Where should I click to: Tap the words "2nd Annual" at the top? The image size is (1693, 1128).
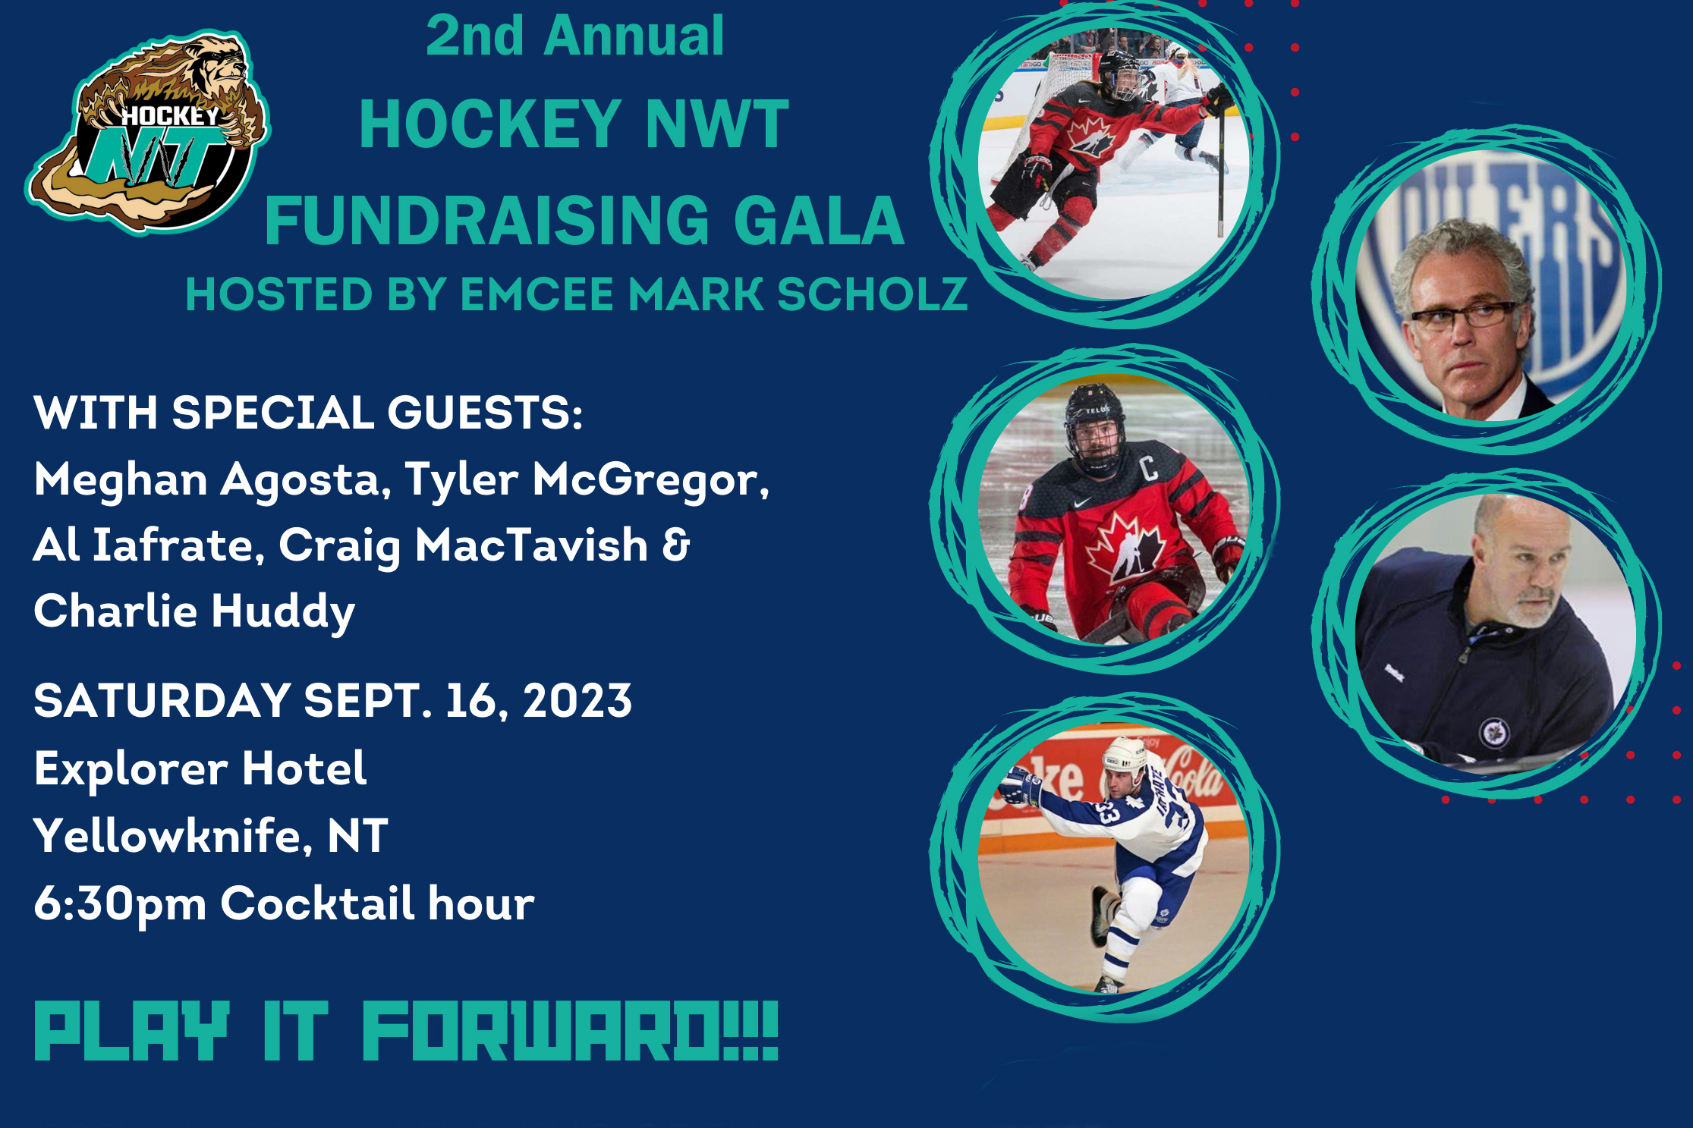(x=574, y=36)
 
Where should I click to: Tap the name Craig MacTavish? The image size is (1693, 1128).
(x=463, y=546)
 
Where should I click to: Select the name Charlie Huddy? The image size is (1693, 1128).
(x=194, y=612)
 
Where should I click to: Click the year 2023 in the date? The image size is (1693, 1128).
(x=577, y=700)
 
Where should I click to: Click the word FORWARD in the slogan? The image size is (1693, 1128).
(x=570, y=1032)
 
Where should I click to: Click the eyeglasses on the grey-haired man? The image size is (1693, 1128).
(x=1463, y=316)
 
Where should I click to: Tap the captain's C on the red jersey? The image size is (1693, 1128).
(x=1149, y=468)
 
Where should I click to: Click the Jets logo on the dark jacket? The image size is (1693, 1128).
(x=1494, y=733)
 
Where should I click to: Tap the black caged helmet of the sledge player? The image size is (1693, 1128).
(x=1094, y=427)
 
